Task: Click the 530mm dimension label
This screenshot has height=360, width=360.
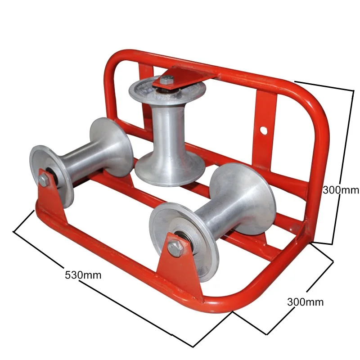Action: click(83, 274)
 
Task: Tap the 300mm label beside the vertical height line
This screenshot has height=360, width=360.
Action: click(341, 190)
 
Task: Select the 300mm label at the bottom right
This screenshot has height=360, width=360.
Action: click(305, 302)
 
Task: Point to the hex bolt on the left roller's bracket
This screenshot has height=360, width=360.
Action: click(44, 180)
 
